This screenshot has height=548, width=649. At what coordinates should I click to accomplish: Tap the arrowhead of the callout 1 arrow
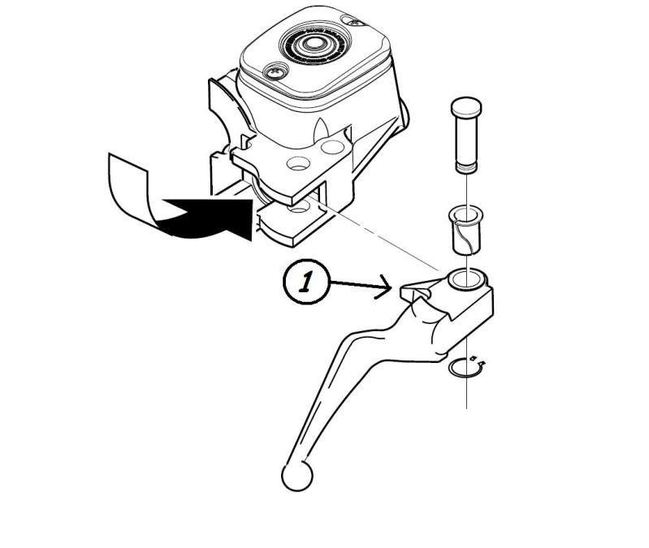pyautogui.click(x=392, y=288)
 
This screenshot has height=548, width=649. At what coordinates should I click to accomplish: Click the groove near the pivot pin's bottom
pyautogui.click(x=466, y=168)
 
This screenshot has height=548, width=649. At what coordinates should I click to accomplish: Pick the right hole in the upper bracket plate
pyautogui.click(x=331, y=148)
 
